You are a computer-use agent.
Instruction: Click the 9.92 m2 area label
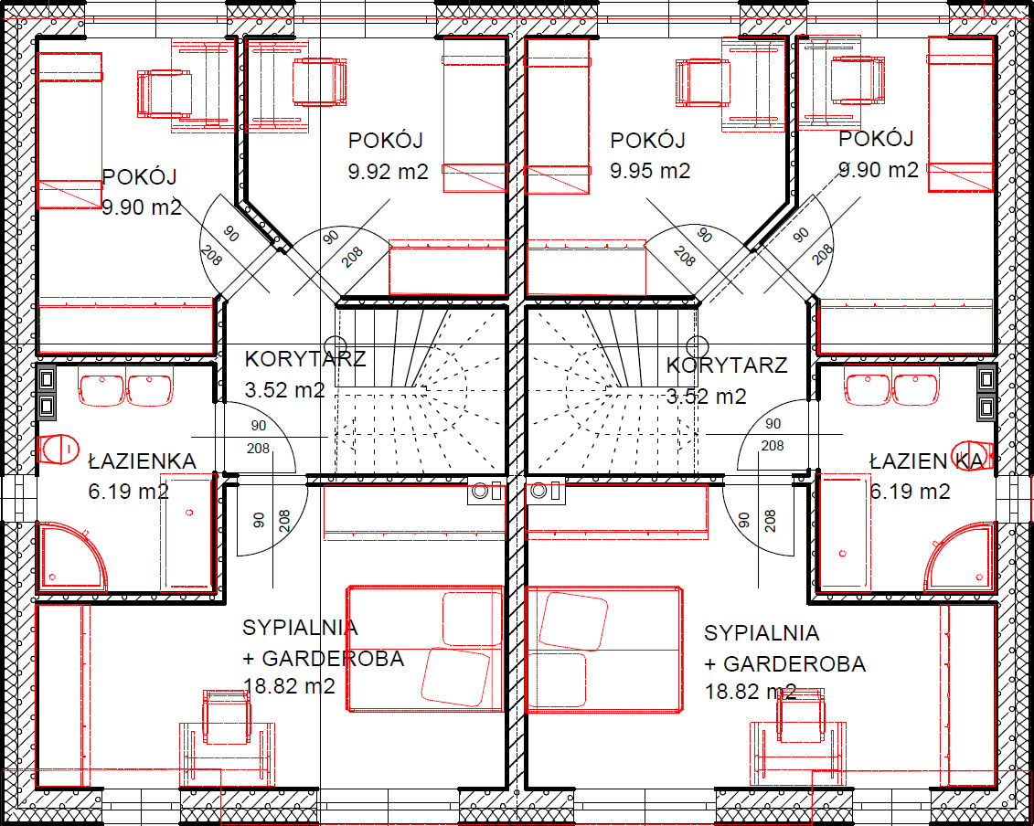(388, 172)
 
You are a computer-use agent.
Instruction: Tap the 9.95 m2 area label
(649, 172)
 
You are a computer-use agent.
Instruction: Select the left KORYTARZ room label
(305, 359)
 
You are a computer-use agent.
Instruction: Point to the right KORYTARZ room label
(727, 365)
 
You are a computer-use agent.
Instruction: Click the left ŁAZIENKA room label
(143, 461)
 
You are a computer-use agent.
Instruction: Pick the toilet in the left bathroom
(58, 449)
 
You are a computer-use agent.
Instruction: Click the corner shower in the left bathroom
(71, 556)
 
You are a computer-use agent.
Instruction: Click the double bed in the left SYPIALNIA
(425, 649)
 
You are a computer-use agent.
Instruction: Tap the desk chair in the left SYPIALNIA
(227, 717)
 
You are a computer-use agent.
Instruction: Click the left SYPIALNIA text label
(300, 628)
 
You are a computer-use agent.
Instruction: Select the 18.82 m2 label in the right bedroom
(751, 692)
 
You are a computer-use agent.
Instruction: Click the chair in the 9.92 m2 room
(319, 81)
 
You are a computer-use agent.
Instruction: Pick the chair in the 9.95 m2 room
(702, 82)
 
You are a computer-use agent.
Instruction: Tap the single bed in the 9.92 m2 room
(474, 115)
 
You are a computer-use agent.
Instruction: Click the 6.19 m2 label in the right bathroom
(910, 492)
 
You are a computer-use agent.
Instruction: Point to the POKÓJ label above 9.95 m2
(647, 140)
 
